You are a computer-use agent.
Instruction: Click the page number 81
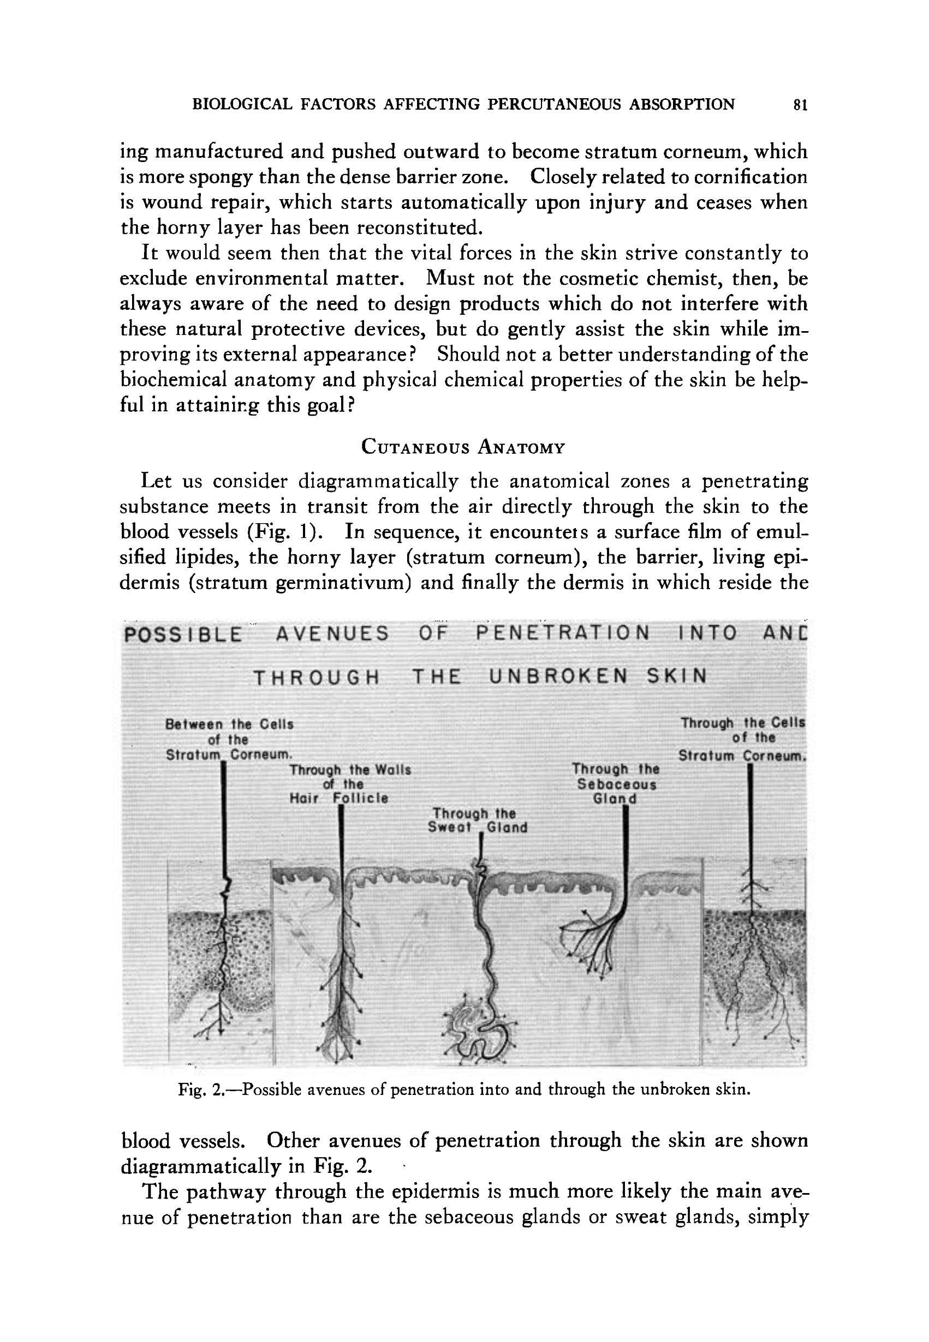[x=800, y=105]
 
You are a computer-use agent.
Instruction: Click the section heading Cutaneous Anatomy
[x=463, y=447]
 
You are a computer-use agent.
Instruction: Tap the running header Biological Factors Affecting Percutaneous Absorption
[x=463, y=104]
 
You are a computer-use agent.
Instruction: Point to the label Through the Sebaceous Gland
[x=616, y=784]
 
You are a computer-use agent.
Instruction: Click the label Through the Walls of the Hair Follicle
[x=350, y=783]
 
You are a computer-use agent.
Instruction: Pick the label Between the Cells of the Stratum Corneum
[x=229, y=739]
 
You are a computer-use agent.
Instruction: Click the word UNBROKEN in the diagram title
[x=559, y=676]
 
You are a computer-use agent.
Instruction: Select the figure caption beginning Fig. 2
[x=464, y=1089]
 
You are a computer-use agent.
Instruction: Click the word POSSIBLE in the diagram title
[x=183, y=634]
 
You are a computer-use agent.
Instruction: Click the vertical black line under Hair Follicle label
[x=341, y=861]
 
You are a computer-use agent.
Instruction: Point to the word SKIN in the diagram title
[x=677, y=676]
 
